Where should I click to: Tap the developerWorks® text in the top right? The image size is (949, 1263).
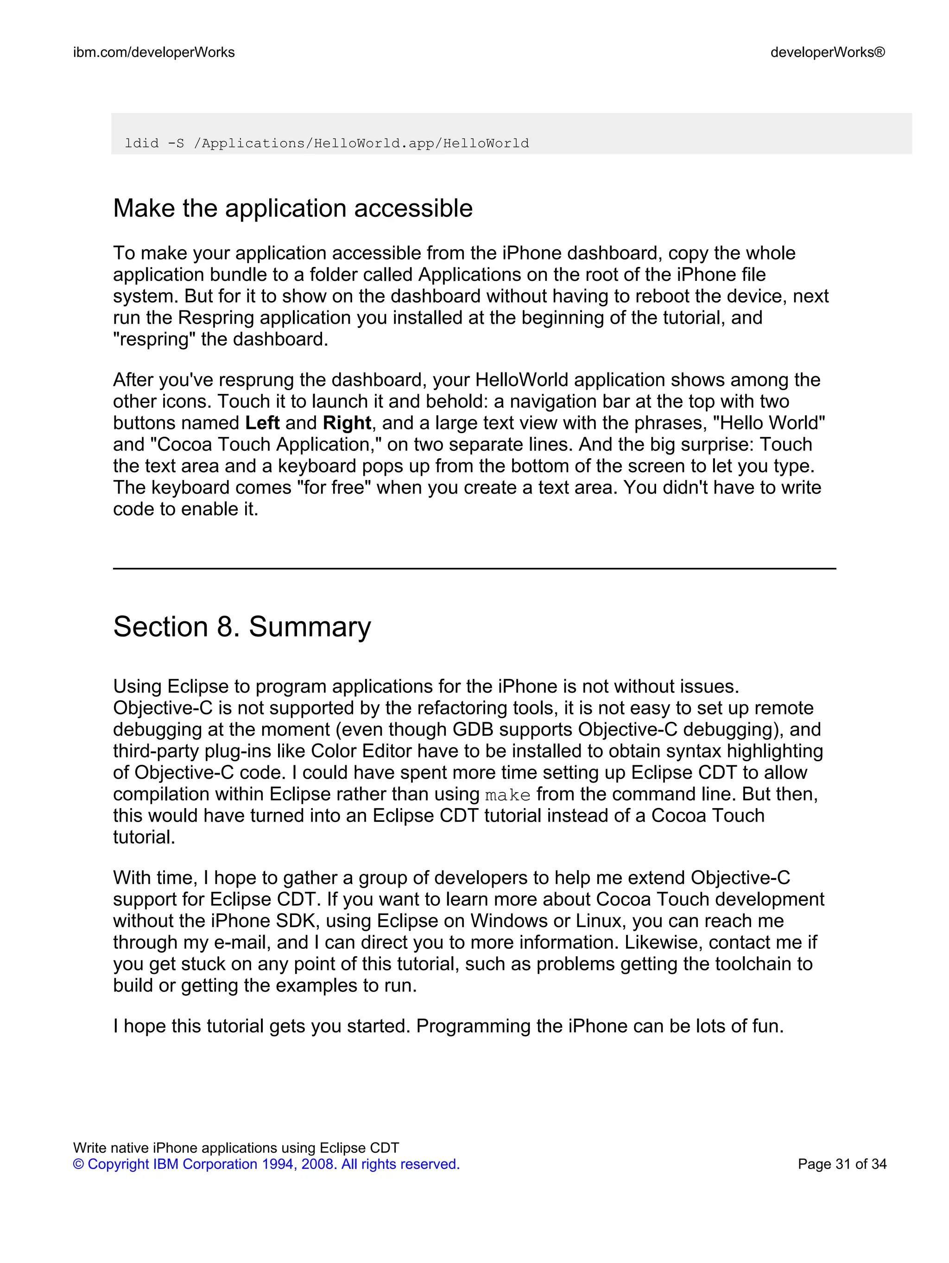[828, 52]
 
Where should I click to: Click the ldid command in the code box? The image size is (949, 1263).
[327, 143]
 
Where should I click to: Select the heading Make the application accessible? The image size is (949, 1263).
[292, 208]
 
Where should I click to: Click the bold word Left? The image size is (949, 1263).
[262, 423]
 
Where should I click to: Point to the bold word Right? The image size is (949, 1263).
[347, 423]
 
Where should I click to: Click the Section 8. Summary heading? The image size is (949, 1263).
[241, 626]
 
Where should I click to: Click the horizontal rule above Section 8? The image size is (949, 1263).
[474, 568]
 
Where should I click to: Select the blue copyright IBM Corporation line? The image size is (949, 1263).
[266, 1164]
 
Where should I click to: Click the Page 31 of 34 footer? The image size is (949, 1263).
[841, 1164]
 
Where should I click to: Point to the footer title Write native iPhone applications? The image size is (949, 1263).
[236, 1148]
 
